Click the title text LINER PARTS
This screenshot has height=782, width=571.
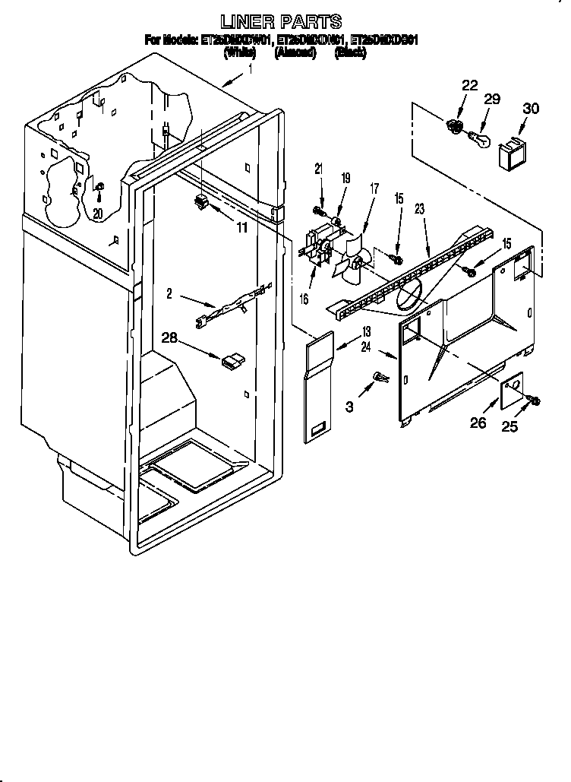[x=281, y=21]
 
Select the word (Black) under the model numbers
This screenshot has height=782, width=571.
[x=352, y=54]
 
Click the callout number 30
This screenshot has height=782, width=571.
[x=531, y=109]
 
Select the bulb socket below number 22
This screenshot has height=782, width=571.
[x=456, y=126]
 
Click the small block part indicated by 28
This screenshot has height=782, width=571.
[x=231, y=360]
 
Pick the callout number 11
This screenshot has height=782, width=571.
[x=241, y=226]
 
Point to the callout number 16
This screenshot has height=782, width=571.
[x=304, y=299]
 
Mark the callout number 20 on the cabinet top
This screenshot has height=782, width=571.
[x=98, y=214]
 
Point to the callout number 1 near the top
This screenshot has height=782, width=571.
[x=251, y=69]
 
